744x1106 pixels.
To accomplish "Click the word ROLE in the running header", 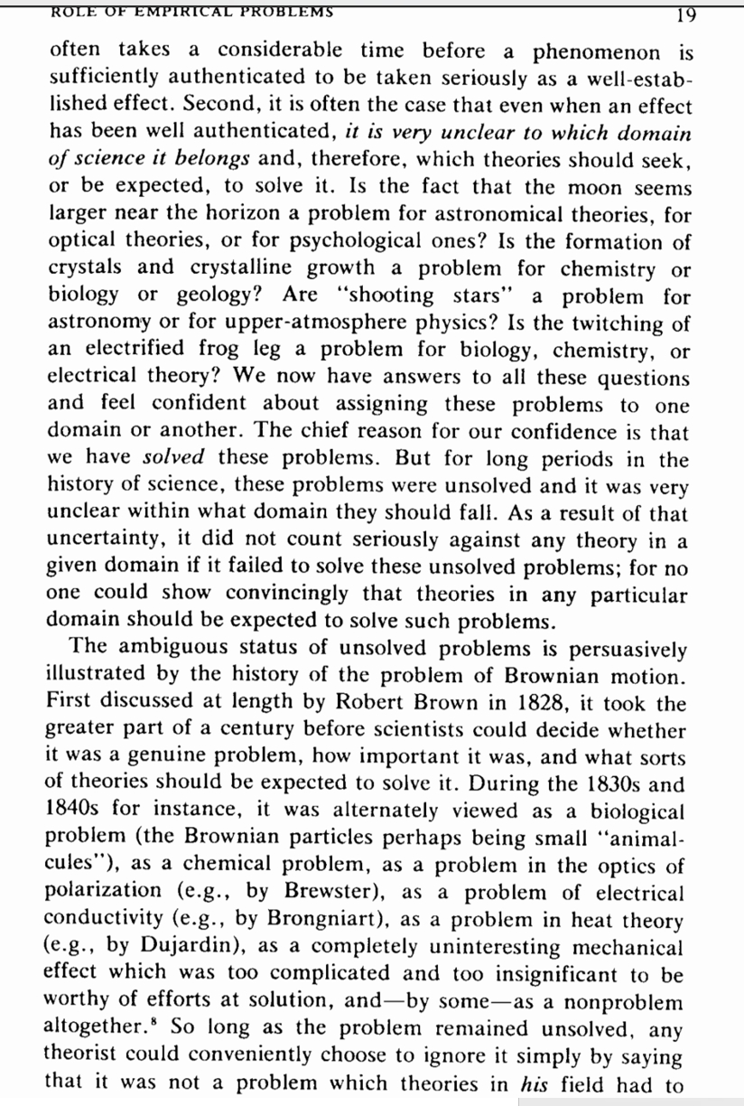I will [x=74, y=12].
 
